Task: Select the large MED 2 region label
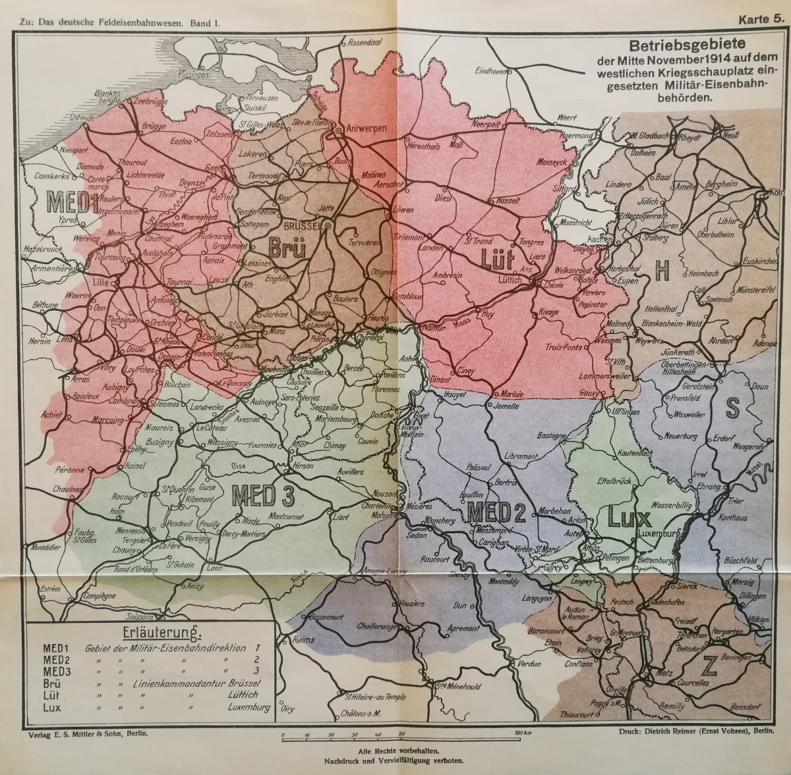click(496, 512)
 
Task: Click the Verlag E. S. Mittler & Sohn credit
click(84, 733)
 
